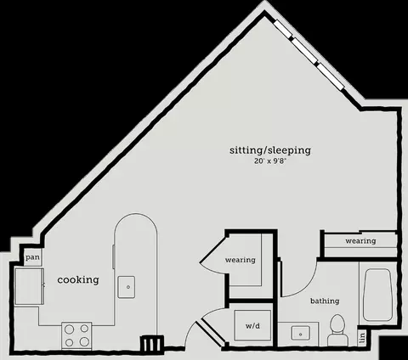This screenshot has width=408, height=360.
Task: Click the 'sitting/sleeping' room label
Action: tap(270, 150)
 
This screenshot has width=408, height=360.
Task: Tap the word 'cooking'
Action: tap(78, 280)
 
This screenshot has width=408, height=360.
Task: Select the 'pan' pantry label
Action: tap(32, 258)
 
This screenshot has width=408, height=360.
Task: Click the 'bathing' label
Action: tap(325, 301)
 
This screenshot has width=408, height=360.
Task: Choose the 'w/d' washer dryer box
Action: tap(252, 325)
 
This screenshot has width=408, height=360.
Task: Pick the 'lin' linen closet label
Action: tap(362, 338)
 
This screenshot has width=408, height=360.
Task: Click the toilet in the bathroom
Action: tap(337, 330)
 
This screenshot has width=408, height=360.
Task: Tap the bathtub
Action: tap(377, 295)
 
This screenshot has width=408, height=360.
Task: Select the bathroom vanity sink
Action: tap(301, 334)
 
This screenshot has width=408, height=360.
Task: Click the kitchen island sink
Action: tap(127, 287)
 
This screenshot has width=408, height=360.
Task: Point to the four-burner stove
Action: tap(76, 336)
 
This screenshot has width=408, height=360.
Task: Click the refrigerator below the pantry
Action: tap(29, 286)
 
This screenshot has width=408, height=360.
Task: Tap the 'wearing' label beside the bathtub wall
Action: tap(360, 241)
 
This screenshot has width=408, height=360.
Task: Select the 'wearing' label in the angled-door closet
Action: tap(241, 260)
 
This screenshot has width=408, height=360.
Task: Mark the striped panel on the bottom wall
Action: tap(152, 344)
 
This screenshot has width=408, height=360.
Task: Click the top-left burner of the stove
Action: tap(70, 329)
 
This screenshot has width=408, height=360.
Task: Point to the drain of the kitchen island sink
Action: tap(128, 287)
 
